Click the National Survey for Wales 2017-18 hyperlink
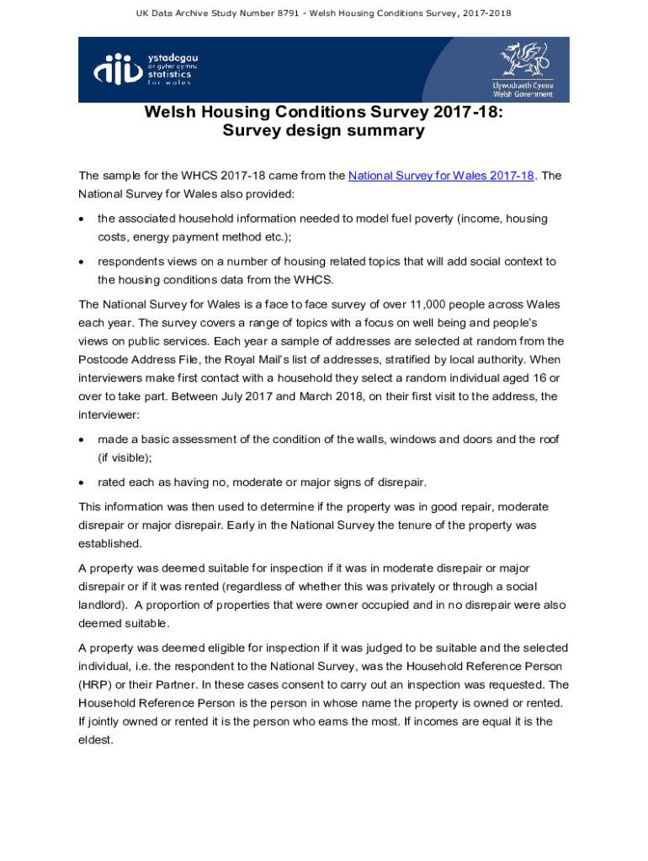point(441,176)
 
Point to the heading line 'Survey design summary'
point(323,131)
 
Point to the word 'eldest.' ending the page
point(95,740)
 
